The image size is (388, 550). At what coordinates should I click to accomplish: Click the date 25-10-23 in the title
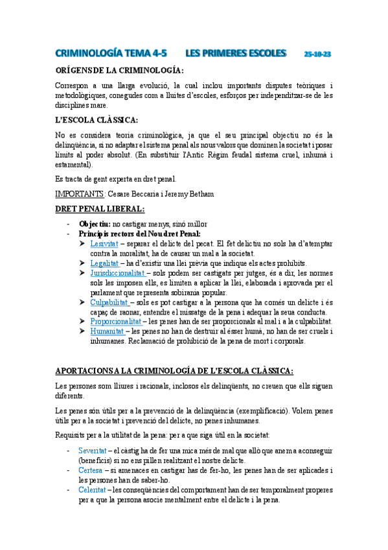(x=317, y=54)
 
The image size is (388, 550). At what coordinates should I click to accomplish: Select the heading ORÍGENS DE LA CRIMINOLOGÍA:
(x=119, y=70)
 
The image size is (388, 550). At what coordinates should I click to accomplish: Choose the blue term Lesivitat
(x=104, y=243)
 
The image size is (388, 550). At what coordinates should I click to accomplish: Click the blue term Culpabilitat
(x=108, y=302)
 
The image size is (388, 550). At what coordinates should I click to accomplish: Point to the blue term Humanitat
(x=106, y=331)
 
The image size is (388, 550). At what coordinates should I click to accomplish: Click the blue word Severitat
(x=93, y=449)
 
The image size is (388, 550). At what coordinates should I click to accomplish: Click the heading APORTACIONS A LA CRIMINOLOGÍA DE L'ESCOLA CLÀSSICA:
(x=174, y=371)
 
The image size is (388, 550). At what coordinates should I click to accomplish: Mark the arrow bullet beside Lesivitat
(x=83, y=243)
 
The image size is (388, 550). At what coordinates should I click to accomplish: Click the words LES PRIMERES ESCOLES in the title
(x=235, y=53)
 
